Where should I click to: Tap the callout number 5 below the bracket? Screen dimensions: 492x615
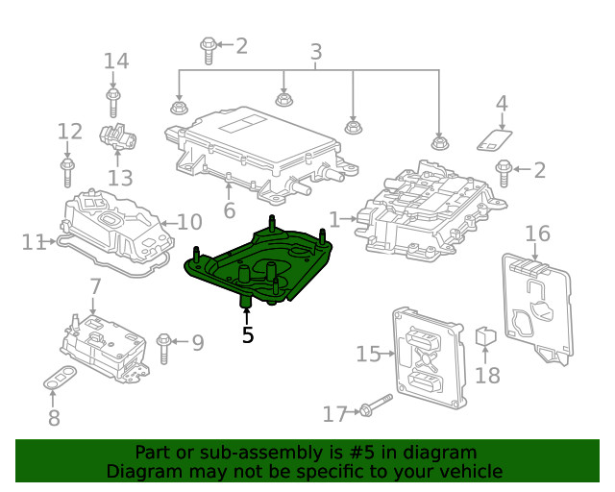coord(248,335)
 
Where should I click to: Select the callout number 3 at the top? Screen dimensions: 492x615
coord(315,53)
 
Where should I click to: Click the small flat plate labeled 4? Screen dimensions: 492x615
coord(495,139)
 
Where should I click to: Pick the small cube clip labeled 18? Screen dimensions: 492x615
coord(485,337)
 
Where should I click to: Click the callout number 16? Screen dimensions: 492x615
coord(537,233)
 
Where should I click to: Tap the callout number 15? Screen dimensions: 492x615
coord(368,354)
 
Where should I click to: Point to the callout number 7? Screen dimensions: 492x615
coord(95,286)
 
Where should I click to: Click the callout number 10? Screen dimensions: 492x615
coord(189,223)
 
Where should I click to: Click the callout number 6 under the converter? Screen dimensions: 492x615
coord(229,210)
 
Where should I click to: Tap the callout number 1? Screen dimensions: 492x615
coord(334,220)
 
